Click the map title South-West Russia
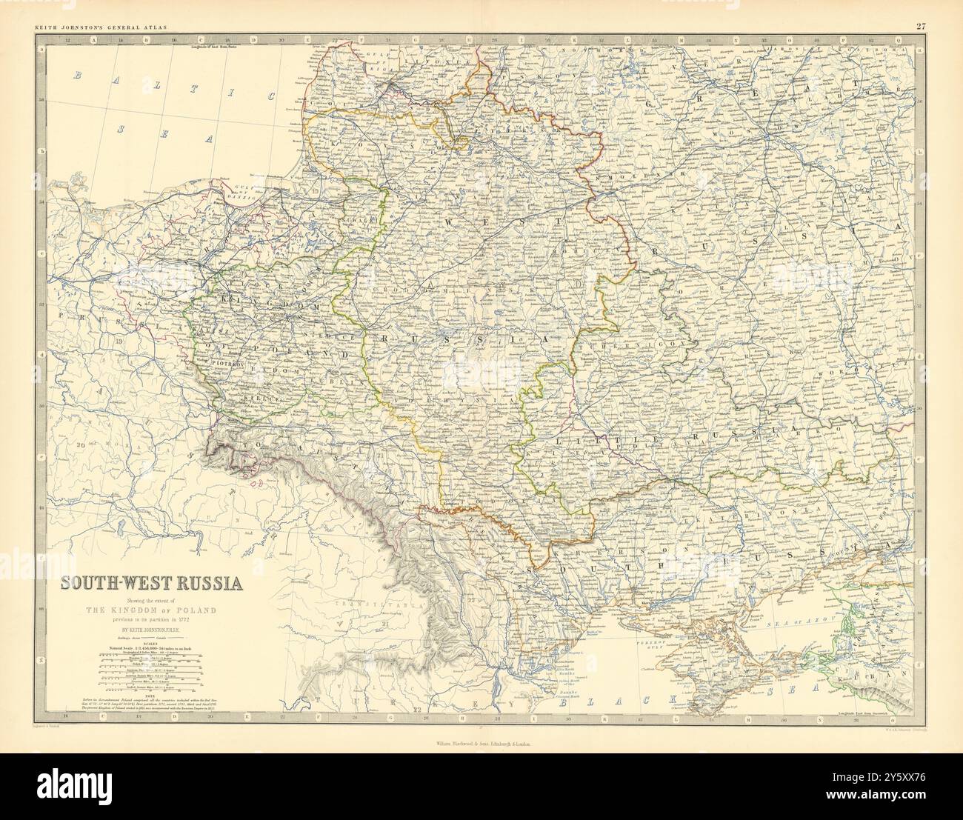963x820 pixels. pyautogui.click(x=151, y=582)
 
